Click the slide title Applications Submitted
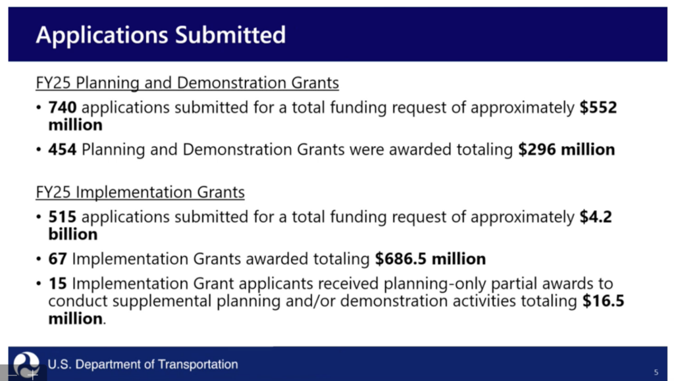tap(161, 36)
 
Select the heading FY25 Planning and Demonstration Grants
tap(188, 83)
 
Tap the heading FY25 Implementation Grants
tap(140, 192)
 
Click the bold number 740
tap(63, 107)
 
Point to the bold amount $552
tap(598, 107)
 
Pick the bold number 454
tap(63, 149)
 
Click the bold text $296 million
tap(567, 149)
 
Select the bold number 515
tap(63, 217)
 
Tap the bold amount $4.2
tap(596, 217)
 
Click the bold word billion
tap(73, 234)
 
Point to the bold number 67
tap(58, 259)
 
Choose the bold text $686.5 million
tap(430, 259)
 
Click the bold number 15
tap(58, 284)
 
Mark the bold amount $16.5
tap(603, 301)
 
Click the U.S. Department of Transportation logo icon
tap(26, 365)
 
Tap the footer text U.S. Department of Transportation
tap(143, 365)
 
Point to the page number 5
tap(656, 372)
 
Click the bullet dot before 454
tap(39, 150)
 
